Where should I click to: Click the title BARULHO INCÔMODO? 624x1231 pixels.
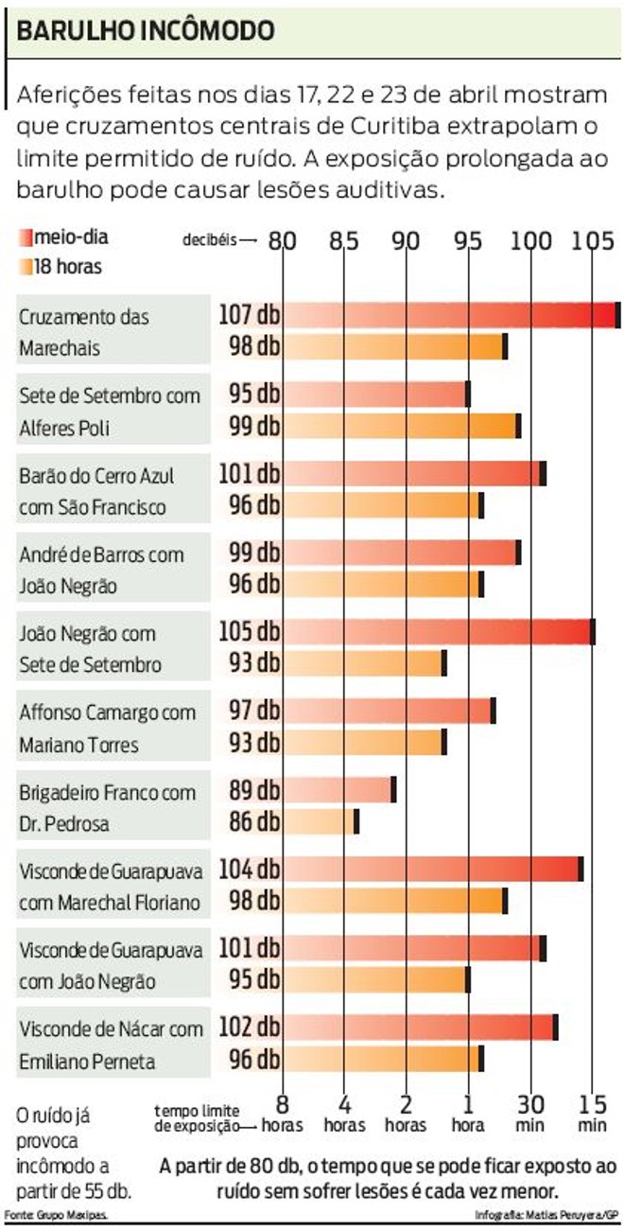pos(146,30)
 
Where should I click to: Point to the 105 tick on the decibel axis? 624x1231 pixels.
pos(592,240)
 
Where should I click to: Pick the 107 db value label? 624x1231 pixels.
pos(250,314)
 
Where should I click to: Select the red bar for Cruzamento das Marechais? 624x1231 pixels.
pos(451,315)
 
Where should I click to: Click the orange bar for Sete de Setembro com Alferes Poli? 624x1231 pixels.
pos(401,426)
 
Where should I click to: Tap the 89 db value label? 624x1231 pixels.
pos(254,789)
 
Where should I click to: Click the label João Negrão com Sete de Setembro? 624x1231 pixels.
pos(90,648)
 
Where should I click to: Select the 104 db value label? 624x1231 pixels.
pos(250,869)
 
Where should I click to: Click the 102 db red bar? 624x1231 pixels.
pos(420,1027)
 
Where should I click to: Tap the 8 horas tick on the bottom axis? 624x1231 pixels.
pos(282,1113)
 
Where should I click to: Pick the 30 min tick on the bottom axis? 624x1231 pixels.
pos(530,1113)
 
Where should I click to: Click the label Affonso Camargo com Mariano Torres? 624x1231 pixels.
pos(107,728)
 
